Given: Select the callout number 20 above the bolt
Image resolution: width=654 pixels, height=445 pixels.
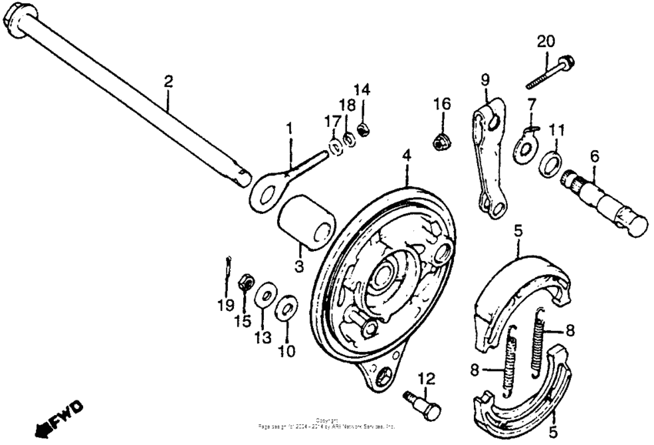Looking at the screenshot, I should click(545, 41).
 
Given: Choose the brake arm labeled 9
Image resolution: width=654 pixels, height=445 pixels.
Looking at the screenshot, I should click(489, 158).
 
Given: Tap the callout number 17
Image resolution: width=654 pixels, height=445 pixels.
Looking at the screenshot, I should click(332, 121).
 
